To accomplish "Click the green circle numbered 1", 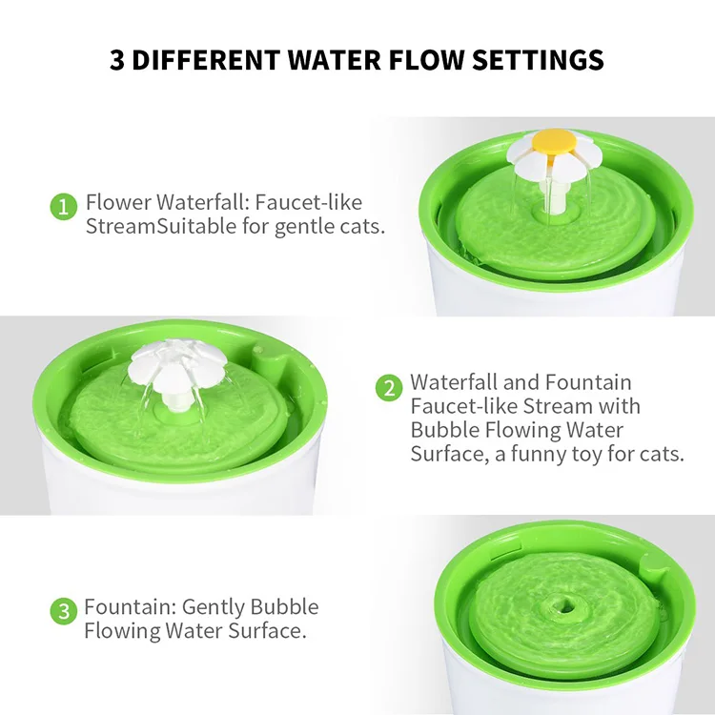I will [63, 206].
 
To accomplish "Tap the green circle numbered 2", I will [389, 387].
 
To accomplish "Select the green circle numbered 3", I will [63, 611].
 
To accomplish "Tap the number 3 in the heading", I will [117, 60].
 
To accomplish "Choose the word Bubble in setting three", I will [284, 607].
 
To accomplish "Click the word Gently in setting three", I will [214, 607].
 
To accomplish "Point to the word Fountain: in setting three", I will [129, 607].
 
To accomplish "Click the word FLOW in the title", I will [394, 60].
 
